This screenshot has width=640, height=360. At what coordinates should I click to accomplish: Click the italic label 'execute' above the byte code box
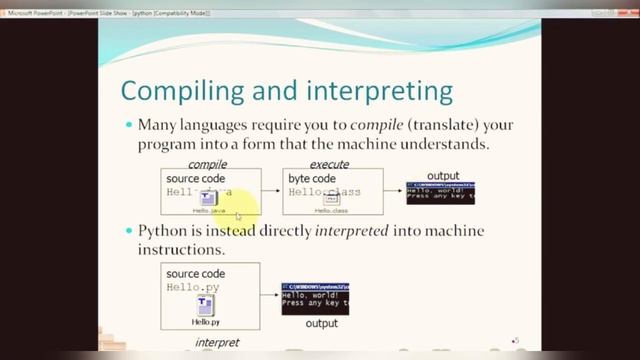[329, 164]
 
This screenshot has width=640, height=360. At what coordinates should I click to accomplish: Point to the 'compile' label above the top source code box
[208, 164]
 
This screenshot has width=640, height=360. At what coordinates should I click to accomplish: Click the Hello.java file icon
[209, 200]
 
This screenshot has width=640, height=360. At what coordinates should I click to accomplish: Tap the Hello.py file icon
[206, 305]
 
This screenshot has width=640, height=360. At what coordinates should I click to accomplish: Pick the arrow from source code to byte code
[271, 192]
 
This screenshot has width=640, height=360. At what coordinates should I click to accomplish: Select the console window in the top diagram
[440, 192]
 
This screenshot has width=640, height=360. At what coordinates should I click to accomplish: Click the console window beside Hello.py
[315, 299]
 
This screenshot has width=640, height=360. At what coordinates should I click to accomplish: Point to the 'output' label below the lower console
[319, 324]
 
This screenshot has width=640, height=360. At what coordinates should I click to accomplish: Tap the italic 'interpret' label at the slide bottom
[217, 342]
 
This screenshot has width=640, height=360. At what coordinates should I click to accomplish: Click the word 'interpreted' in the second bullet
[352, 232]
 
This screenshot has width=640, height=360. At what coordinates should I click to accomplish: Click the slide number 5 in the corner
[516, 341]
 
